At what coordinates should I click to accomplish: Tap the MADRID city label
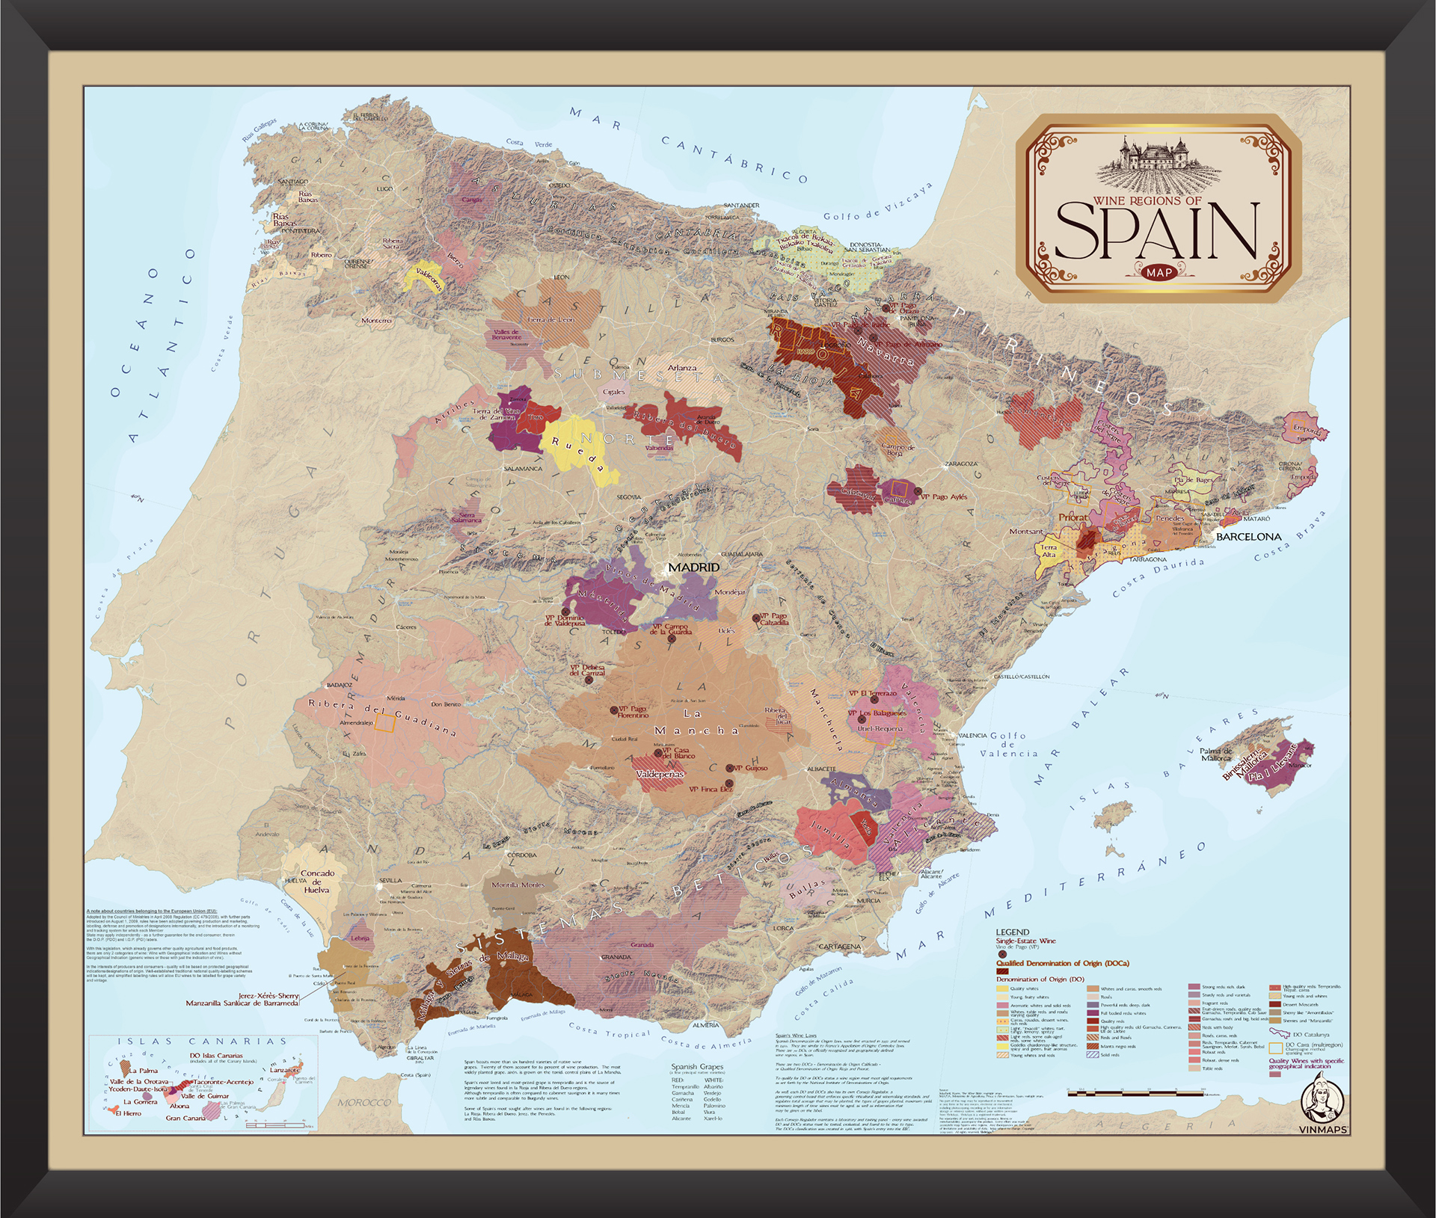point(693,568)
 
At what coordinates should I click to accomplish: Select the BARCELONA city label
point(1248,537)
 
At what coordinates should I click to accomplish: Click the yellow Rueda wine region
point(580,447)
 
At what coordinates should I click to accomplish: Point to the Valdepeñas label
point(660,775)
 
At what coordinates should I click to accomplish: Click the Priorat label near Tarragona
point(1073,517)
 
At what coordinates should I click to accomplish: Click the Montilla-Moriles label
point(518,885)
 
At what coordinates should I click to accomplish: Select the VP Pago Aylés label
point(943,496)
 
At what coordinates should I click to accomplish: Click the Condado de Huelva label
point(317,881)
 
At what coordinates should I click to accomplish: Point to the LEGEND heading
point(1013,932)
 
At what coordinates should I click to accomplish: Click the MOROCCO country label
point(364,1103)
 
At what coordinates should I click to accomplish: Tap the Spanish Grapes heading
point(696,1067)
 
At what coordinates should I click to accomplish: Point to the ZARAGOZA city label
point(961,464)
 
